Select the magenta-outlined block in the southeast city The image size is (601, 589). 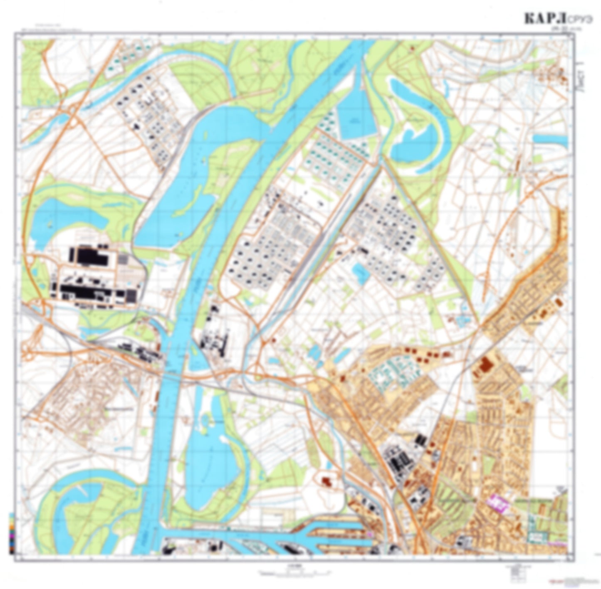pyautogui.click(x=498, y=502)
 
